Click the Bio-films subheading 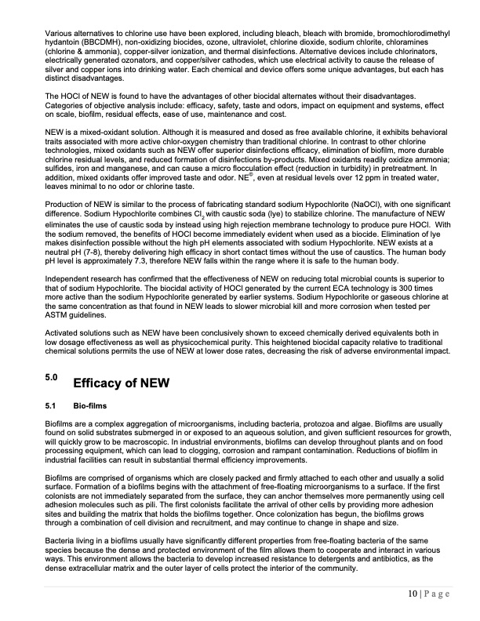(x=87, y=407)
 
